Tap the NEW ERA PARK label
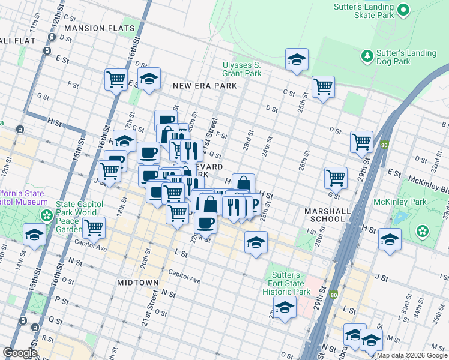click(x=205, y=86)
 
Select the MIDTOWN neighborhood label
click(x=138, y=282)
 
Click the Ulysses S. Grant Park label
click(x=242, y=69)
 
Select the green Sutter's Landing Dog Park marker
click(x=366, y=56)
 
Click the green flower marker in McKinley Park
click(x=423, y=230)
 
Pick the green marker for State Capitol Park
click(x=46, y=215)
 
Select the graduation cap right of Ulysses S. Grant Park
click(x=297, y=59)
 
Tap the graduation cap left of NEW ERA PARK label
click(x=149, y=79)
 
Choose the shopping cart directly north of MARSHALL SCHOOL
click(x=336, y=177)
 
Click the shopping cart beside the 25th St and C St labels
click(x=323, y=86)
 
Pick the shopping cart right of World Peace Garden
click(x=94, y=227)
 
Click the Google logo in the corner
click(x=20, y=353)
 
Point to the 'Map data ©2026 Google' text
click(x=411, y=355)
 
